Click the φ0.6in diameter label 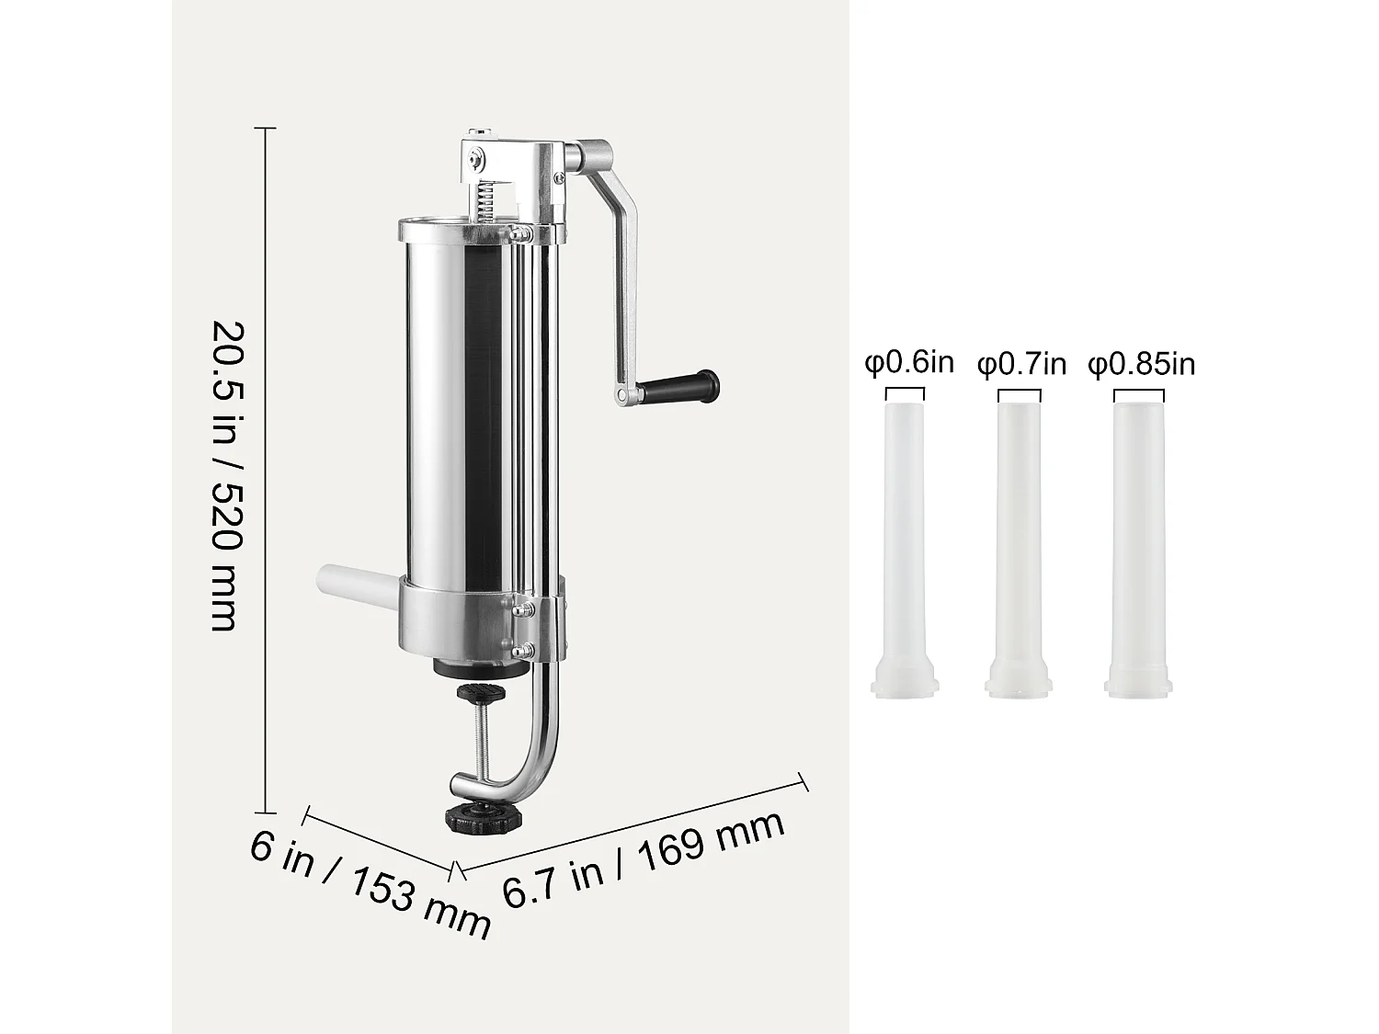(909, 363)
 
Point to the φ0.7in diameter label (1021, 365)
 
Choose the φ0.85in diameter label (1142, 365)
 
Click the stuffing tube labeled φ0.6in (905, 533)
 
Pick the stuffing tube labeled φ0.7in (1020, 533)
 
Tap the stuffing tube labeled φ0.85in (1138, 533)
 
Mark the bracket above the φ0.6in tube (904, 392)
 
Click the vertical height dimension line (267, 469)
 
